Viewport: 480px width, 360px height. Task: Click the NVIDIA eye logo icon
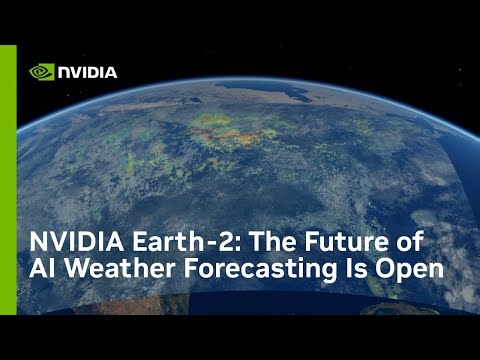click(41, 72)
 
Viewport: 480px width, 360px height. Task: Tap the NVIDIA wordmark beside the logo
click(87, 72)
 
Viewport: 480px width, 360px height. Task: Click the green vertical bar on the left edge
click(8, 180)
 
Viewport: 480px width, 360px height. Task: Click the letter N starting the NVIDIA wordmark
click(63, 72)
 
